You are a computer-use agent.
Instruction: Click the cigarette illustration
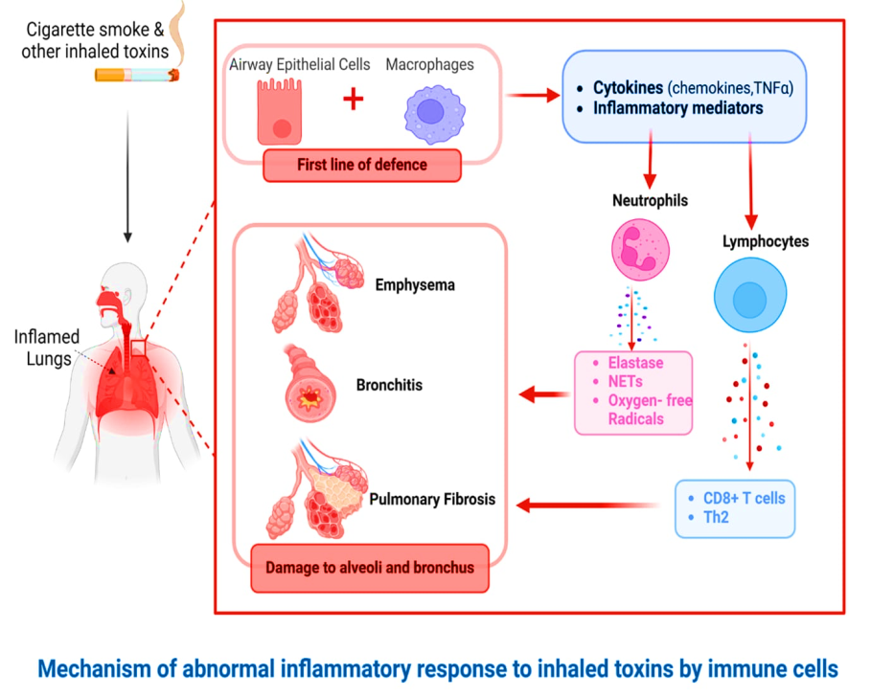(135, 73)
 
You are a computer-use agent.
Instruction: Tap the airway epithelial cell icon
(280, 113)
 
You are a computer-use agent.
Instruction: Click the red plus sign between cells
(353, 98)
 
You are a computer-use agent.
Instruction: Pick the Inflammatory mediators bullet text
(677, 108)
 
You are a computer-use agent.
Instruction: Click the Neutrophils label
(650, 201)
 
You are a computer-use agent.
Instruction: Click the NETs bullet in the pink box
(624, 382)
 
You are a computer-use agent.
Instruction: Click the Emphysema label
(414, 284)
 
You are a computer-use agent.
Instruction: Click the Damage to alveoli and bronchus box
(369, 567)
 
